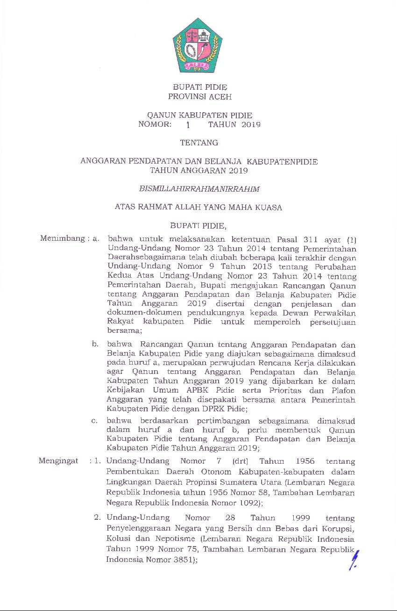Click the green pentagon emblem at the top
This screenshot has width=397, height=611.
(198, 45)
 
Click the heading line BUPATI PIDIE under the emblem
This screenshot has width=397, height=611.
(200, 87)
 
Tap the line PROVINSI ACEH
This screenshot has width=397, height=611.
(200, 97)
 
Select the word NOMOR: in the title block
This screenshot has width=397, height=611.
(155, 124)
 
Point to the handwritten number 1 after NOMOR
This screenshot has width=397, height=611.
(188, 125)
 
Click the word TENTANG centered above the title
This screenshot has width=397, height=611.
(199, 143)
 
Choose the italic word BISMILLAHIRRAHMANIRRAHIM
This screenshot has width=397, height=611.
(199, 189)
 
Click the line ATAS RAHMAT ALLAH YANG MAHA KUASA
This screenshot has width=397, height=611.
(198, 207)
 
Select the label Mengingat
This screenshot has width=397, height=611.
(58, 461)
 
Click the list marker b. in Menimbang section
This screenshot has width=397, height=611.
(95, 344)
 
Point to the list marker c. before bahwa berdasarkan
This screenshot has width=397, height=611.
(95, 421)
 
